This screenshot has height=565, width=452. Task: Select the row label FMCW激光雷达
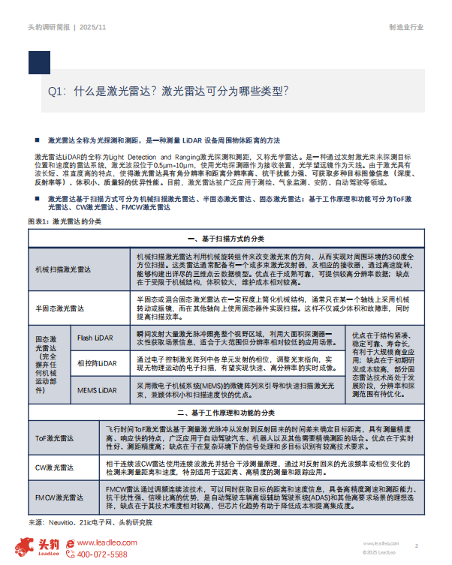59,496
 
